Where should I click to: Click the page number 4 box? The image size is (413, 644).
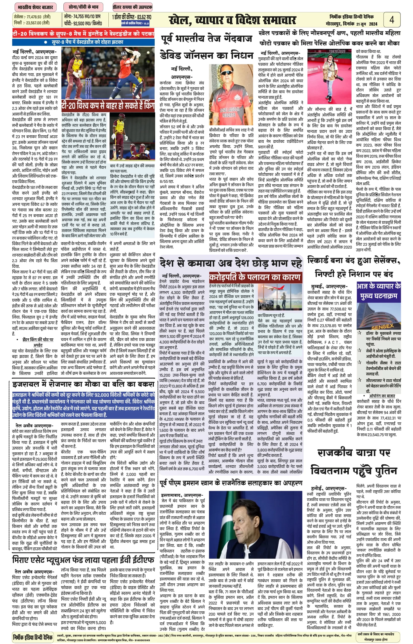coord(392,20)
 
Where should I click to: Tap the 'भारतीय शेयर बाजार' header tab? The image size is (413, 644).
coord(35,7)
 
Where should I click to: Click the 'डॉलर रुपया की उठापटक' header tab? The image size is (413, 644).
coord(132,7)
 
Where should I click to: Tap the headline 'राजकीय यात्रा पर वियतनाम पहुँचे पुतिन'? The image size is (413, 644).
coord(354,462)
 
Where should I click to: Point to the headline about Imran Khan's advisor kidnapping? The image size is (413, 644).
coord(231,483)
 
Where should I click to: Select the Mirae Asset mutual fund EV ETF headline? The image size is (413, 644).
coord(83,559)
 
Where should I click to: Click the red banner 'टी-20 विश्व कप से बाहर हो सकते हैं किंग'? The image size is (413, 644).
coord(108,105)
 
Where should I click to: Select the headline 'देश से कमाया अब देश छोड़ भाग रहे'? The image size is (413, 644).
coord(231,263)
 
